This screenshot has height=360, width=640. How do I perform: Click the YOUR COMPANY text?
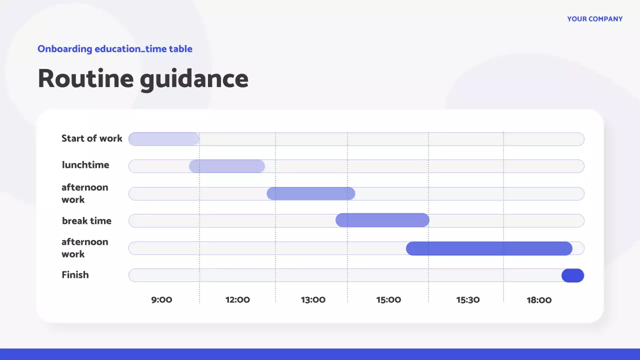(x=594, y=19)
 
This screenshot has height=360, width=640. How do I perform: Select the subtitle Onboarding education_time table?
(x=115, y=49)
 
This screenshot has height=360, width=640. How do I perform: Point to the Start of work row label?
(x=91, y=138)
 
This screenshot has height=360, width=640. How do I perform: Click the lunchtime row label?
(x=85, y=165)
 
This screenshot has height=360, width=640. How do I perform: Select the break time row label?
(x=86, y=221)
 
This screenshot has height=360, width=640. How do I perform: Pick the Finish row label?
(x=75, y=275)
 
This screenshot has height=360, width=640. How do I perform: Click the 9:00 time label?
(x=161, y=300)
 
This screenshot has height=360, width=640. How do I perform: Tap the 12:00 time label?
(x=237, y=300)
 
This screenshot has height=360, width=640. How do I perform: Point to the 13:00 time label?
(x=313, y=300)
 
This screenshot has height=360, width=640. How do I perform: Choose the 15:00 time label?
(x=388, y=300)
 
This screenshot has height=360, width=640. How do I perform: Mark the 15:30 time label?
(x=467, y=300)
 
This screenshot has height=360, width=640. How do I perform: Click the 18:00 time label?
(x=539, y=300)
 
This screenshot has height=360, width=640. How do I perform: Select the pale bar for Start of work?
(x=164, y=139)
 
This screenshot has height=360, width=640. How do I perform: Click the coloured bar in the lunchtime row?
(x=227, y=166)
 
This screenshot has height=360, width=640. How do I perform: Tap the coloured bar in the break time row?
(x=382, y=220)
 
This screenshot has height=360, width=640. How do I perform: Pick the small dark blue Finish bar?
(x=572, y=275)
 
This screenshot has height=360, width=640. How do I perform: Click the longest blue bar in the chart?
(x=489, y=248)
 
